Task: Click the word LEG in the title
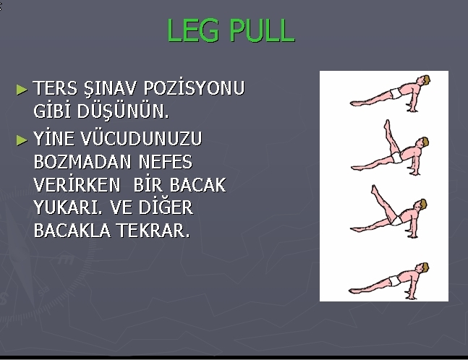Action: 192,30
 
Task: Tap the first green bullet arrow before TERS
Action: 22,90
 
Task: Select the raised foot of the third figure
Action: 373,189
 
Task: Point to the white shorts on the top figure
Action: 396,93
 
